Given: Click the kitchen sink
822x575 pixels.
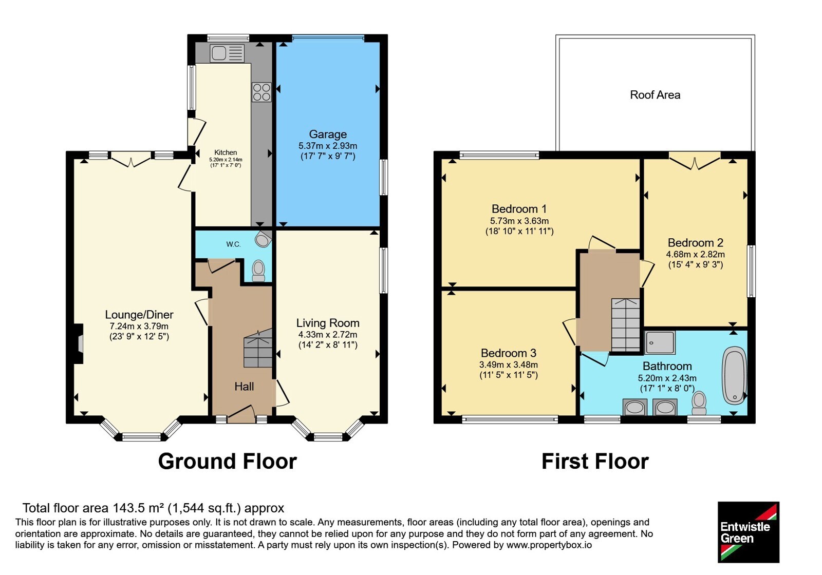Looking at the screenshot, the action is tap(227, 53).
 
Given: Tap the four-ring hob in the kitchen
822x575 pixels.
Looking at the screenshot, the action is tap(261, 92).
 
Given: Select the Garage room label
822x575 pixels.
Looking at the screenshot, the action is tap(328, 134).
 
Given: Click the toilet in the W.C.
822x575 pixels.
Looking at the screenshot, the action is tap(258, 271).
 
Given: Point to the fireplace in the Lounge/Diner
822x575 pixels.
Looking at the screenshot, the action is tap(78, 344).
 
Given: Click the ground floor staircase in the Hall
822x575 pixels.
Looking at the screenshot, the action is tap(258, 349).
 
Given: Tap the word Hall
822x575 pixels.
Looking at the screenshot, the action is tap(244, 387).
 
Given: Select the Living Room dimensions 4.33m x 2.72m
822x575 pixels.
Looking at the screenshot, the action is tap(328, 334).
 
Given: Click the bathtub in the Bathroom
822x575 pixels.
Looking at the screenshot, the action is tap(735, 376).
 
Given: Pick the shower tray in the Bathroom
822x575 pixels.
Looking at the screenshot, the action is tap(660, 342).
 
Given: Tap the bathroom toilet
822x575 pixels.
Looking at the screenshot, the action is tap(699, 403).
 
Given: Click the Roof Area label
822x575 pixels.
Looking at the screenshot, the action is tap(655, 95).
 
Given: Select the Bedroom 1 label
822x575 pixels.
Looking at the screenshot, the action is tap(519, 209).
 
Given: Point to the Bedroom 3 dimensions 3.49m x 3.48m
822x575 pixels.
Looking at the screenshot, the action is tap(508, 365).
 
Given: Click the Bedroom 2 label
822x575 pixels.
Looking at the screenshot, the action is tap(696, 243).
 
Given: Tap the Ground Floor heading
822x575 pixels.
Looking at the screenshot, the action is tap(227, 462).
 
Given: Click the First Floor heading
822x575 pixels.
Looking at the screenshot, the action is tap(595, 462).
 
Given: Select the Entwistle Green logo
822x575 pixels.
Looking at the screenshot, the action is tap(749, 532).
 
